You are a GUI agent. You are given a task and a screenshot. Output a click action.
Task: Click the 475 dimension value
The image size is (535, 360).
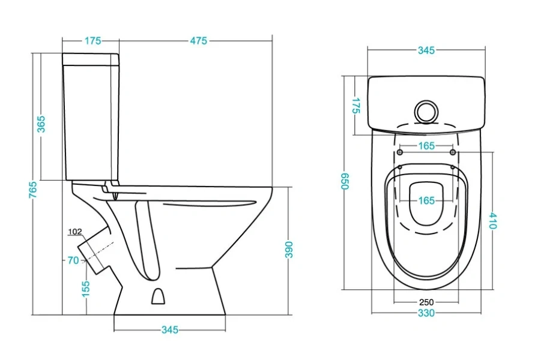pos(199,41)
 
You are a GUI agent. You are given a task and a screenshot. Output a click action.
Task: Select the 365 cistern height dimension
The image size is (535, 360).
pos(41,124)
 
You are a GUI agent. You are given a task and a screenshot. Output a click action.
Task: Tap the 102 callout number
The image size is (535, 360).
pos(75,232)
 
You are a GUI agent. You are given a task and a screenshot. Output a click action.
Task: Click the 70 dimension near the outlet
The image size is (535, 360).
pos(73,260)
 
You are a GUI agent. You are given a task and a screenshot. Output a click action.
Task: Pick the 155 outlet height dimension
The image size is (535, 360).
pos(86,288)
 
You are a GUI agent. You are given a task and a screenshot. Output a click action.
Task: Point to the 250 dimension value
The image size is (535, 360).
pos(426,302)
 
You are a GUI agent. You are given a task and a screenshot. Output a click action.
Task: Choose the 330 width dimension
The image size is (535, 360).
pos(426,313)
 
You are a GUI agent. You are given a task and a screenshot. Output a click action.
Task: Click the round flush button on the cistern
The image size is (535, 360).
pos(425,110)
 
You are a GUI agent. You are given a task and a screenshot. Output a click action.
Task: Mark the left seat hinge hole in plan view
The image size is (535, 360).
pos(400,152)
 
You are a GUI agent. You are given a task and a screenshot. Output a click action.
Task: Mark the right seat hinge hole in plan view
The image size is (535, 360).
pos(453,152)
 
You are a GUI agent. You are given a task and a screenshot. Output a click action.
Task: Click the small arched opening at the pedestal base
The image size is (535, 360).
pos(158,296)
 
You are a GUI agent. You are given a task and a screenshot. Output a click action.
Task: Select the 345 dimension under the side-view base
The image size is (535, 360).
pos(170,330)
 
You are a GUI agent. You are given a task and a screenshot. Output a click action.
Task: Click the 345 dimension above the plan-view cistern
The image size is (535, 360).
pos(426,50)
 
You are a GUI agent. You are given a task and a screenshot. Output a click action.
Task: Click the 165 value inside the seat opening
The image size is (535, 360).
pos(426,200)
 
